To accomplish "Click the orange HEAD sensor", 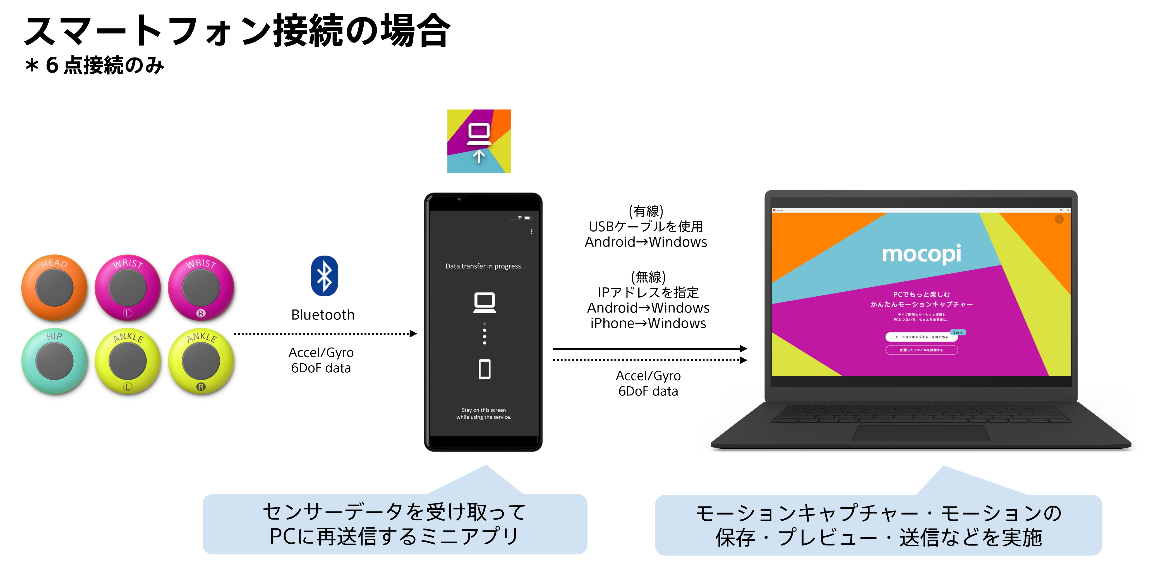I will click(x=54, y=287).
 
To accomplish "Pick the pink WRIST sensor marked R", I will click(x=201, y=287).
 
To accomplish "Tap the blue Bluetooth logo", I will click(x=324, y=276).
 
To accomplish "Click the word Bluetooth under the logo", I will click(x=323, y=315).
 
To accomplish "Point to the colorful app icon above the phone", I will click(x=479, y=141).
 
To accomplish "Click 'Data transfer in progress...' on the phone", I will click(x=486, y=266).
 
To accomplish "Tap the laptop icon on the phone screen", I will click(x=484, y=303).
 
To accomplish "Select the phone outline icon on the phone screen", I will click(x=484, y=369).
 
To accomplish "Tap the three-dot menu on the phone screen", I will click(x=531, y=232).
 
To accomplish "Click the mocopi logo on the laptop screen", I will click(x=921, y=254).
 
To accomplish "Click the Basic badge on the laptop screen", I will click(x=958, y=332).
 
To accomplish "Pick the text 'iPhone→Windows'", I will click(x=648, y=323).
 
